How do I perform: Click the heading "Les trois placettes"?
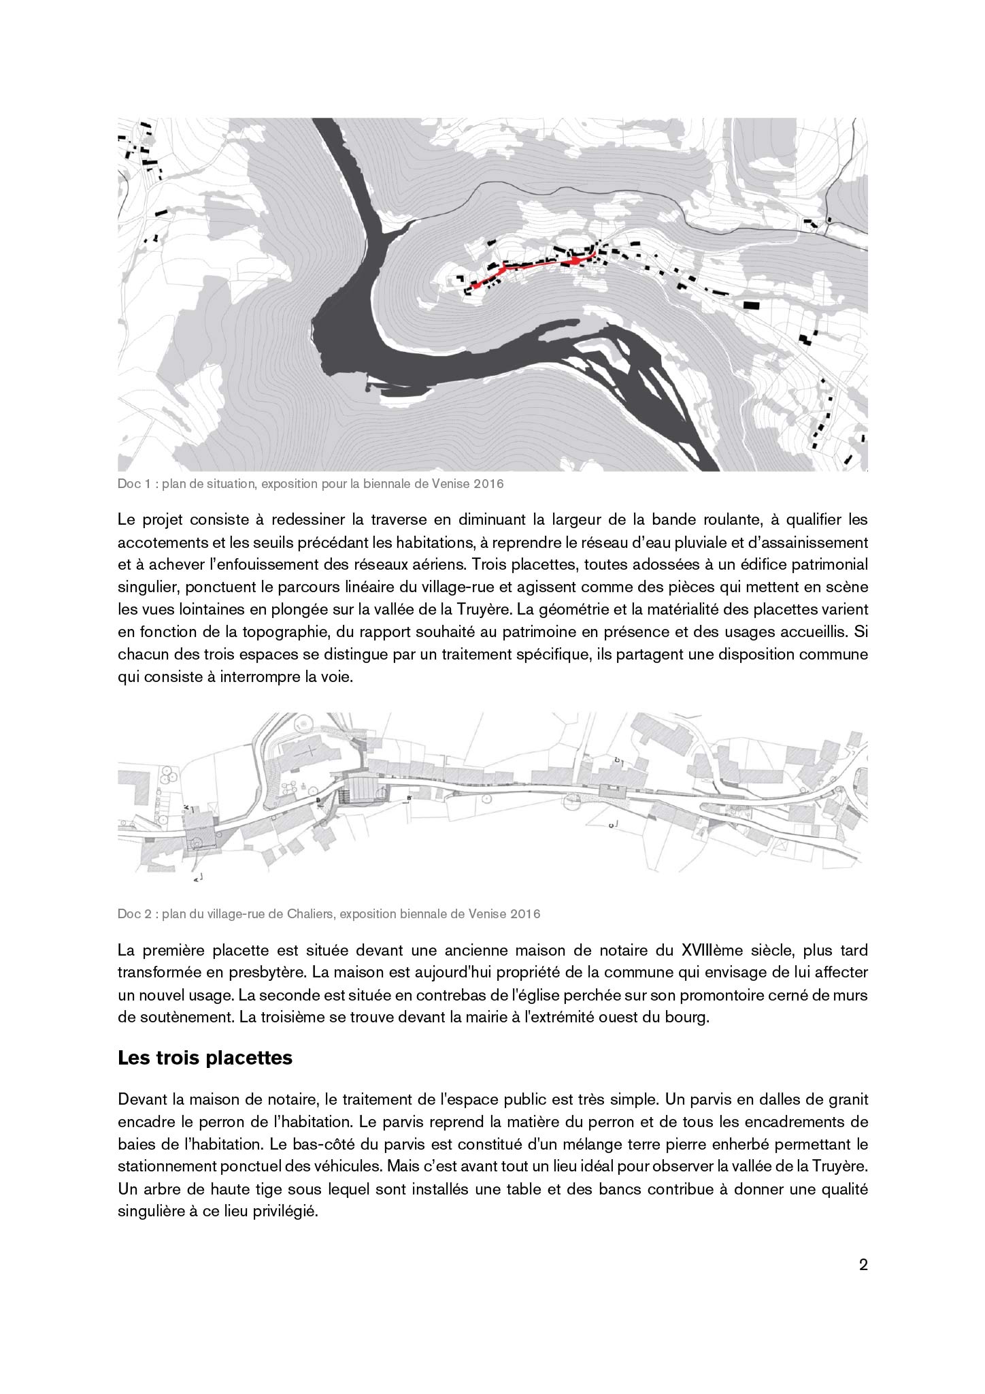point(205,1058)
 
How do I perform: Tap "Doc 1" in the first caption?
point(133,484)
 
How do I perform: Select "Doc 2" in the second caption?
point(133,913)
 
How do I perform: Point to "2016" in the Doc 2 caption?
point(527,913)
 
